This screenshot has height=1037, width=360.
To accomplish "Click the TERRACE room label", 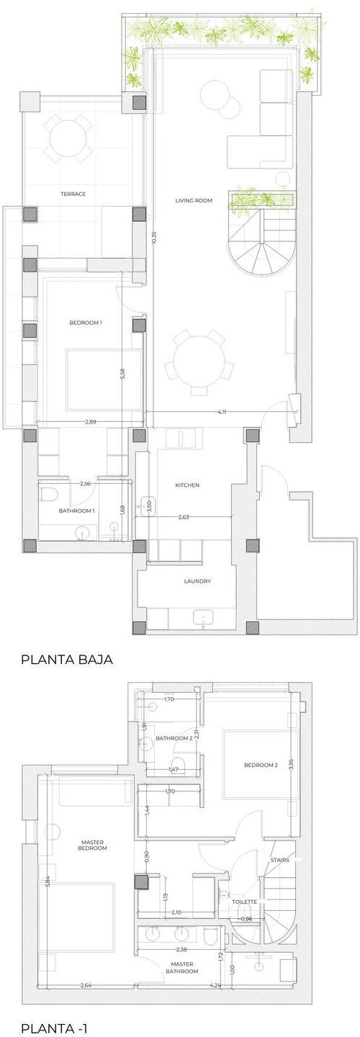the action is click(73, 194).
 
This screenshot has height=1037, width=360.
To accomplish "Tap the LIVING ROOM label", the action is click(194, 200).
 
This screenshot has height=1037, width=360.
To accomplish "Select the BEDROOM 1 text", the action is click(86, 322).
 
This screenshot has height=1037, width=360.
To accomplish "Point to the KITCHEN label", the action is click(187, 485).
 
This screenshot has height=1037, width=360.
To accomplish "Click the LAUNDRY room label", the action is click(197, 581).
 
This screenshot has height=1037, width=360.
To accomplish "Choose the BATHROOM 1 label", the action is click(77, 511).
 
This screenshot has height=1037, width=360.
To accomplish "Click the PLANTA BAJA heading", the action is click(67, 659).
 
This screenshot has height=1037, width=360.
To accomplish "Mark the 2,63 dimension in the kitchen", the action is click(184, 517).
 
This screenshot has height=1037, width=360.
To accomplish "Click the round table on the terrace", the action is click(68, 138).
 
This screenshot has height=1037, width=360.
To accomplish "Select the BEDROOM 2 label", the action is click(261, 766).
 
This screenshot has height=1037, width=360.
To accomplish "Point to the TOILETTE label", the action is click(244, 902).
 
